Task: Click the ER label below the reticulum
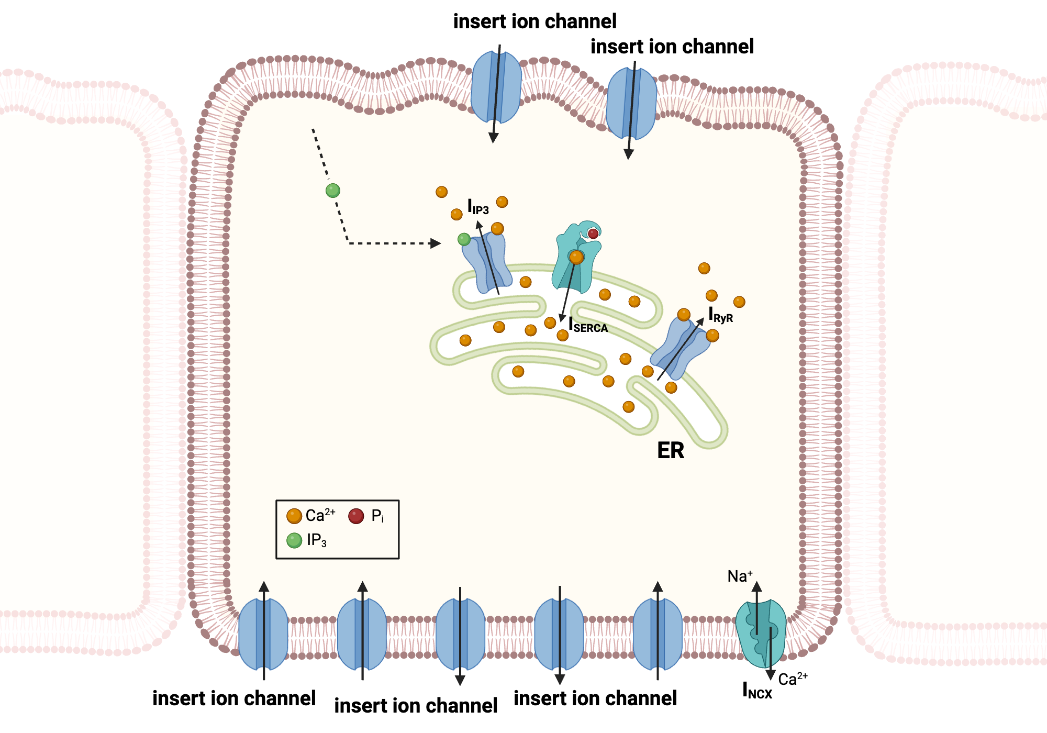pos(670,451)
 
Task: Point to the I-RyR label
pos(721,316)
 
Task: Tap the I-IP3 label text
pos(478,207)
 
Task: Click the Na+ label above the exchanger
pos(740,576)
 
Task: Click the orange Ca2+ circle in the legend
pos(294,516)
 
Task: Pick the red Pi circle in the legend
pos(356,516)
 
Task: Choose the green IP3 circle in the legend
pos(294,540)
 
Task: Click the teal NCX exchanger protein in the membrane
pos(760,634)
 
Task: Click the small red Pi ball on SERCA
pos(593,234)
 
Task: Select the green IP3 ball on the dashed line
pos(333,191)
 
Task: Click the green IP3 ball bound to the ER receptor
pos(464,239)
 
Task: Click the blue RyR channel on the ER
pos(680,348)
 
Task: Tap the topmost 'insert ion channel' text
pos(534,21)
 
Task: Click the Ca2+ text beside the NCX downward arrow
pos(793,679)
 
